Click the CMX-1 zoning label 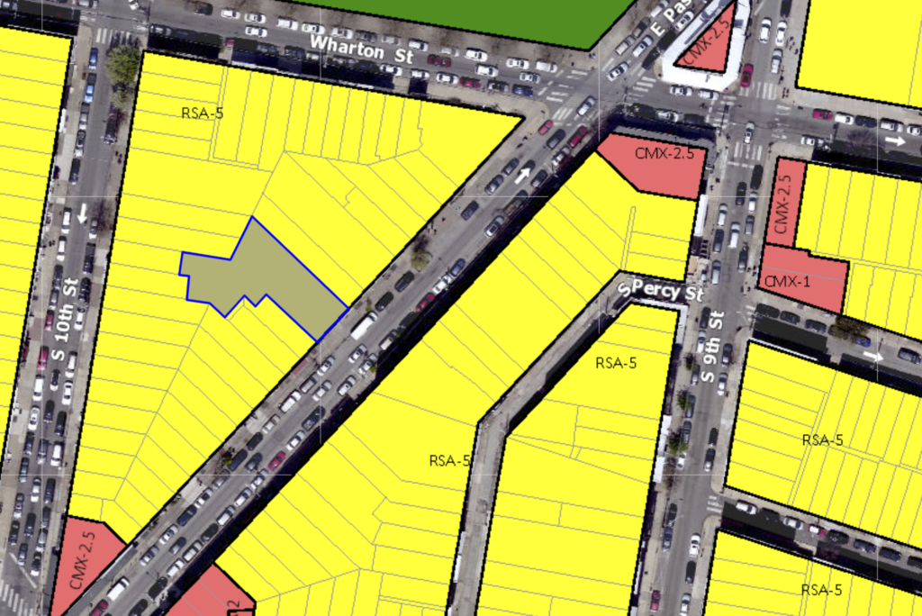point(787,281)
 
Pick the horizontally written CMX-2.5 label point(664,153)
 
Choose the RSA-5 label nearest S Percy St point(616,364)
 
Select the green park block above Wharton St point(468,18)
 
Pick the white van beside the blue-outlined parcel point(363,325)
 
